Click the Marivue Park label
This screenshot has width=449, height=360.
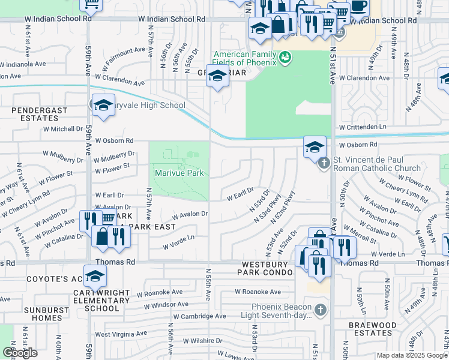(x=179, y=173)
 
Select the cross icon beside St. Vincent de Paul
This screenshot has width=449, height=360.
(x=324, y=163)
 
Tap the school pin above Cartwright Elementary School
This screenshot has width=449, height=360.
(x=95, y=277)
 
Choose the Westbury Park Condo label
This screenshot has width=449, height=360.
(x=267, y=268)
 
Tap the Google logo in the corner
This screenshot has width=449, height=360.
(x=20, y=353)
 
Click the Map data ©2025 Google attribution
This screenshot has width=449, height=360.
(x=411, y=355)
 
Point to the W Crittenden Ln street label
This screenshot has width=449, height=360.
(x=366, y=127)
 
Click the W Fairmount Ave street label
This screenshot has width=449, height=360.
(x=126, y=58)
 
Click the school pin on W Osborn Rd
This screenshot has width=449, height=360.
(x=315, y=147)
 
